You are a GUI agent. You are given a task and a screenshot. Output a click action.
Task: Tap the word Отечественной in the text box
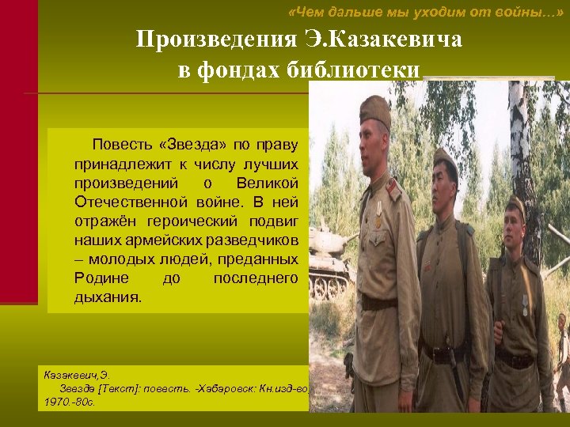coord(125,202)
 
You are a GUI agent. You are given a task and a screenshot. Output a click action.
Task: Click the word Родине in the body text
coord(97,278)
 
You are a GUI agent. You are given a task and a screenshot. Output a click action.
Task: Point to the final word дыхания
coord(108,298)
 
